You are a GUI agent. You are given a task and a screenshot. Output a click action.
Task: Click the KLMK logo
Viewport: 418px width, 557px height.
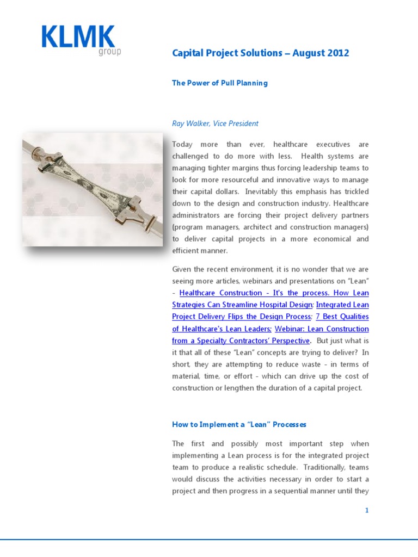[x=78, y=38]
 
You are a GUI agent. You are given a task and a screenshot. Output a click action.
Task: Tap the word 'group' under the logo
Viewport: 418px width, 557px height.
[x=110, y=52]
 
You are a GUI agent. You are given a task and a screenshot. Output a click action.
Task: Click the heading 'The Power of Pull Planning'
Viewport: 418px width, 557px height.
[x=220, y=83]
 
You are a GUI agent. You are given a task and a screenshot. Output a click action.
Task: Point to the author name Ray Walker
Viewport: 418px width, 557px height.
[x=191, y=123]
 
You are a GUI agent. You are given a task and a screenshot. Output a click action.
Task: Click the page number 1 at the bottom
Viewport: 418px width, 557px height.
[x=367, y=510]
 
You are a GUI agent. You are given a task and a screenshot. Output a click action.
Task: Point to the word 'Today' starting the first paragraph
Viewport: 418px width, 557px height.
[x=182, y=145]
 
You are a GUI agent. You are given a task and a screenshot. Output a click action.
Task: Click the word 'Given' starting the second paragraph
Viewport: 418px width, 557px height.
[x=183, y=269]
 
